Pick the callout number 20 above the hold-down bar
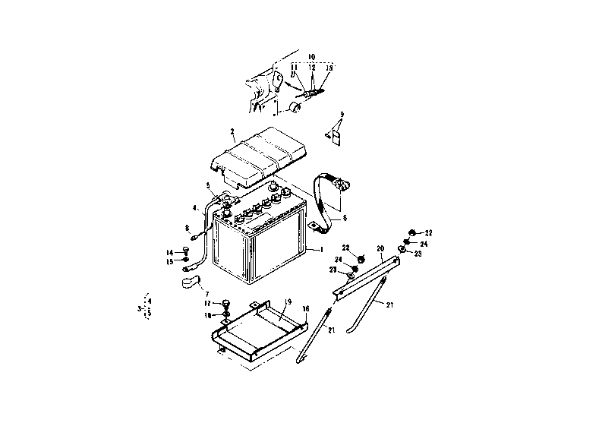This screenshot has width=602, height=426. [x=380, y=248]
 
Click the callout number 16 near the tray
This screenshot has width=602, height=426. [x=307, y=310]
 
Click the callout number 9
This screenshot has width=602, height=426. [x=342, y=114]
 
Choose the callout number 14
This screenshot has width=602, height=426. [x=171, y=251]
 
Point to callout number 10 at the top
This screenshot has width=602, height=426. [x=311, y=56]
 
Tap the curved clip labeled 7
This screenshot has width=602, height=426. [x=190, y=284]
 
